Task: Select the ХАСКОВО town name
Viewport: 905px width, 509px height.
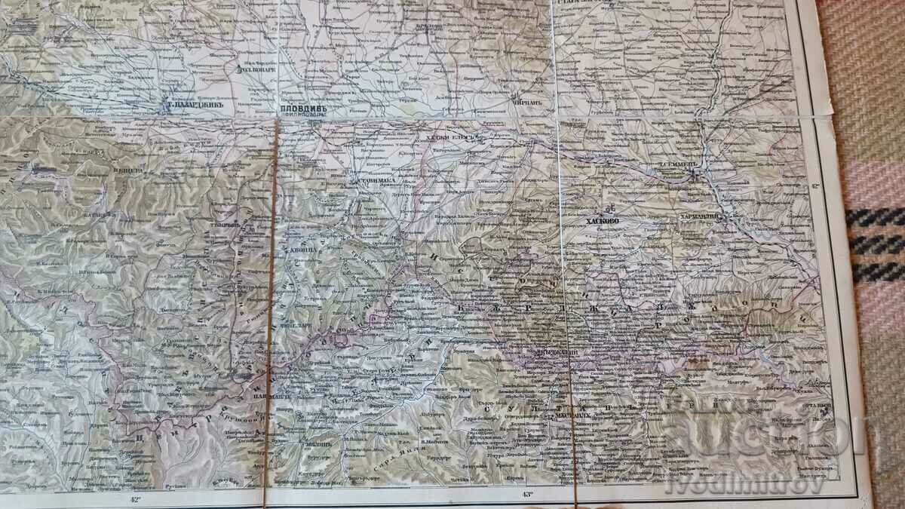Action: (603, 222)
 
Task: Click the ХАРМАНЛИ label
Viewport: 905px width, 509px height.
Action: (701, 216)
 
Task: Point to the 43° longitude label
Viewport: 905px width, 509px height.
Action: (526, 495)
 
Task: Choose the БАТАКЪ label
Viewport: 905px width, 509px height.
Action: (101, 215)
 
